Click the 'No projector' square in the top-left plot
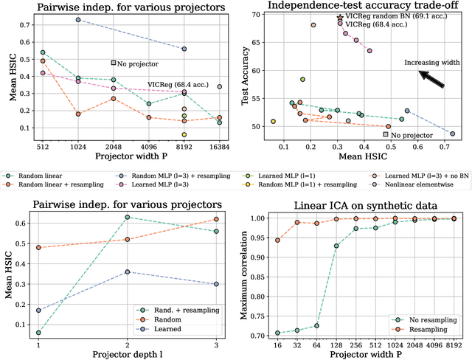pos(114,63)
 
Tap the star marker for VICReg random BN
pos(339,17)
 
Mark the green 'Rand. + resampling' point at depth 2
pos(128,217)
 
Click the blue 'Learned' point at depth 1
pos(37,310)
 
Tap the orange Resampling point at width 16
pos(277,240)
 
